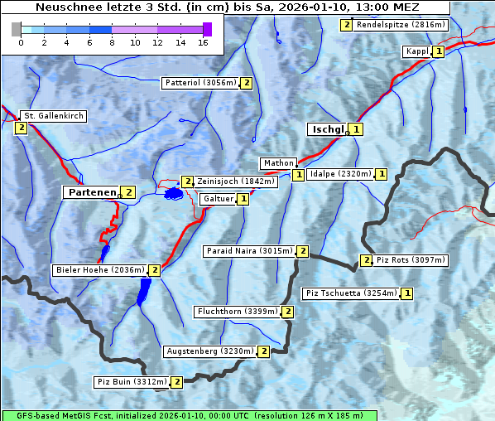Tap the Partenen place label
92,192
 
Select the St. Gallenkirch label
54,116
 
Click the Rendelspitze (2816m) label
401,25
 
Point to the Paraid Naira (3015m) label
248,251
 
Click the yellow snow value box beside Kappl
439,51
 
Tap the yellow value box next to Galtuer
243,199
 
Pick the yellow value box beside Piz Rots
366,260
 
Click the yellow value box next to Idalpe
381,174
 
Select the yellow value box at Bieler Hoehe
154,270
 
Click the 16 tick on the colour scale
203,41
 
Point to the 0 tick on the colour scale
21,41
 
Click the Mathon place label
277,163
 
